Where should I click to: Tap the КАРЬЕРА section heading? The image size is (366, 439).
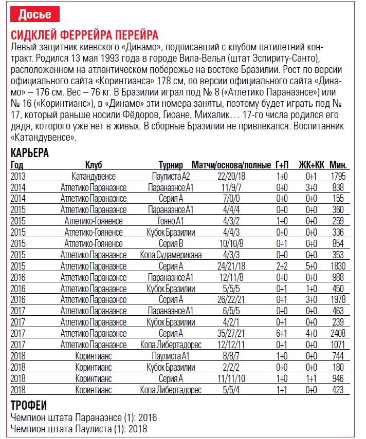30,153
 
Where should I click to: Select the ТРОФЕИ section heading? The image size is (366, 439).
29,404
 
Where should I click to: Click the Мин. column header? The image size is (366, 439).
338,165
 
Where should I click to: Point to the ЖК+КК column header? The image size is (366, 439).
312,165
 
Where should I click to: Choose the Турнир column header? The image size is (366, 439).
171,165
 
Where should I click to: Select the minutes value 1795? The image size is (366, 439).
338,176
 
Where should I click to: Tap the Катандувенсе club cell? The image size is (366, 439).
94,176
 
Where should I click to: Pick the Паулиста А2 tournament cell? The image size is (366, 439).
171,176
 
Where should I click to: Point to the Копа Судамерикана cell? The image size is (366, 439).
171,254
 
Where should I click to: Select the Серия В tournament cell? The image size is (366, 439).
171,243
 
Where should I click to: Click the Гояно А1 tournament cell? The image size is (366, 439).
171,221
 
